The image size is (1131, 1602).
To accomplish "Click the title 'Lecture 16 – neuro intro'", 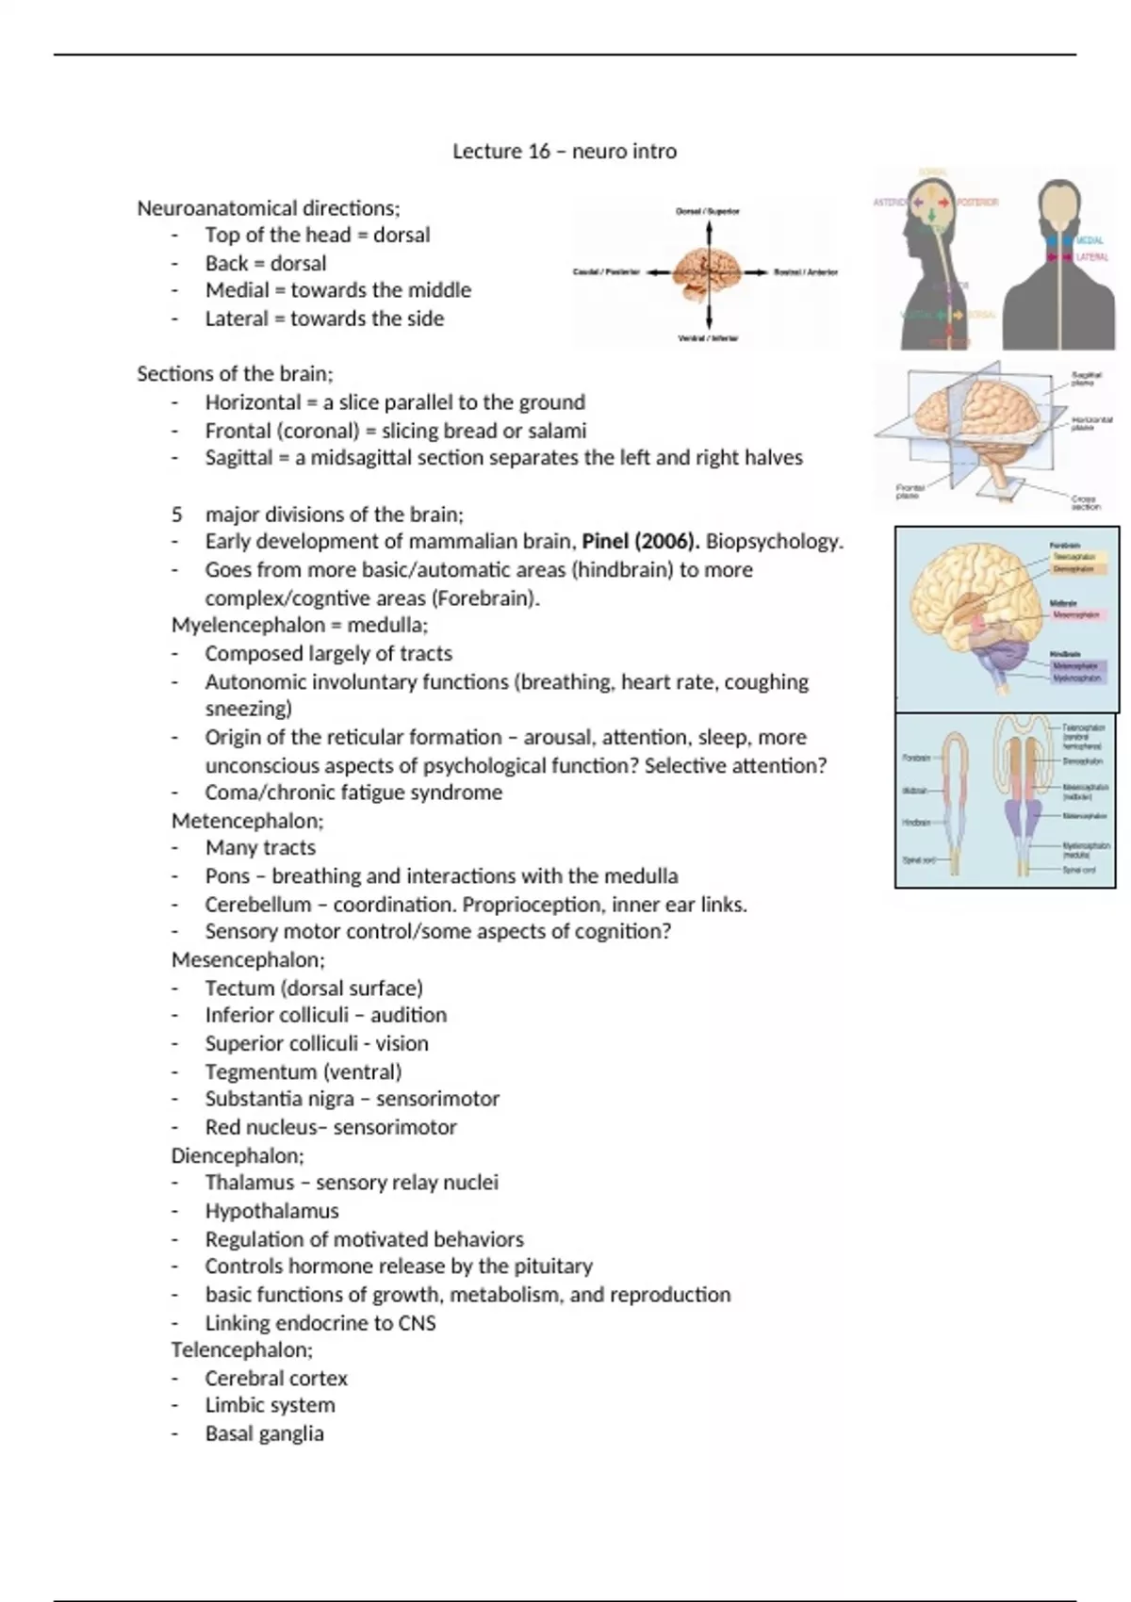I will point(565,151).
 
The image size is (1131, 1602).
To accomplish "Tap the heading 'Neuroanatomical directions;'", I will point(269,207).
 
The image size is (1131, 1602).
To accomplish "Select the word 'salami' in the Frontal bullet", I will point(556,431).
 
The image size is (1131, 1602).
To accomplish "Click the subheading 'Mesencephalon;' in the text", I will point(248,959).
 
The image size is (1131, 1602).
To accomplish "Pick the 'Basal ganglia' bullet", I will point(264,1433).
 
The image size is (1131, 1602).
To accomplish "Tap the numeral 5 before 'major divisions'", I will point(177,515).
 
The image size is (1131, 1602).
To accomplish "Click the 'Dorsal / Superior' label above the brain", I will point(708,211).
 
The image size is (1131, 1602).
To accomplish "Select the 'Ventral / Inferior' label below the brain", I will point(709,337).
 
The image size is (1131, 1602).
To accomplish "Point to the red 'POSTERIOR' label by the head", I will point(977,203).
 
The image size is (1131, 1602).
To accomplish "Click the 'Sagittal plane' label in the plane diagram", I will point(1086,379).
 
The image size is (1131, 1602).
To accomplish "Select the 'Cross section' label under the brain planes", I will point(1085,503).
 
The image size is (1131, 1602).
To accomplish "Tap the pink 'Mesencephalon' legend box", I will point(1075,614).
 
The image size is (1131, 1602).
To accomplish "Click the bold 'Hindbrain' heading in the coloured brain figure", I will point(1065,653).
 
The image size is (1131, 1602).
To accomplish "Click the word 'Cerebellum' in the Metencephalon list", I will point(257,904).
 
